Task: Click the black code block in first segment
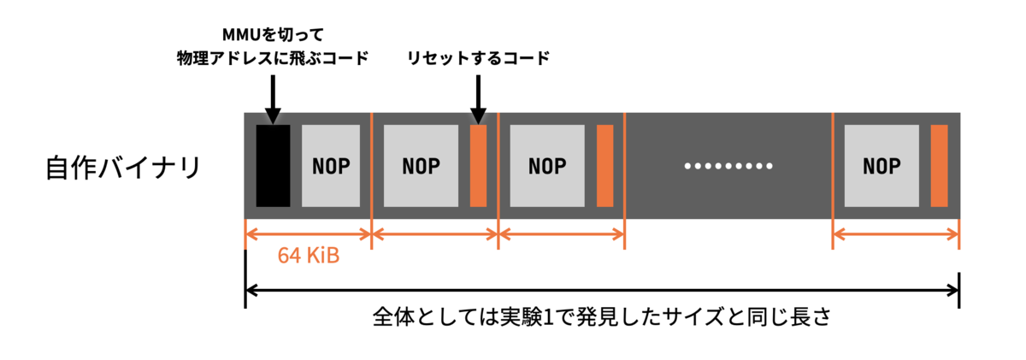point(273,165)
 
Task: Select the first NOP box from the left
point(331,165)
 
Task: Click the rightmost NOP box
point(882,165)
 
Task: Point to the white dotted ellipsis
point(728,165)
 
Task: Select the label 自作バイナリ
point(123,166)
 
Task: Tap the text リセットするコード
point(478,58)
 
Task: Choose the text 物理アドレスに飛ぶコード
point(271,58)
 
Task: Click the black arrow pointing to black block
point(272,96)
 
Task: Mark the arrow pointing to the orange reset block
point(478,96)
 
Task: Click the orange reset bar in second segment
point(478,165)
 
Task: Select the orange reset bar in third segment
point(604,165)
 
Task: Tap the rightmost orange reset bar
point(939,165)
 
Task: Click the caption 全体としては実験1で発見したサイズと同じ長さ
point(602,317)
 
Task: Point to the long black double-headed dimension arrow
point(602,290)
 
